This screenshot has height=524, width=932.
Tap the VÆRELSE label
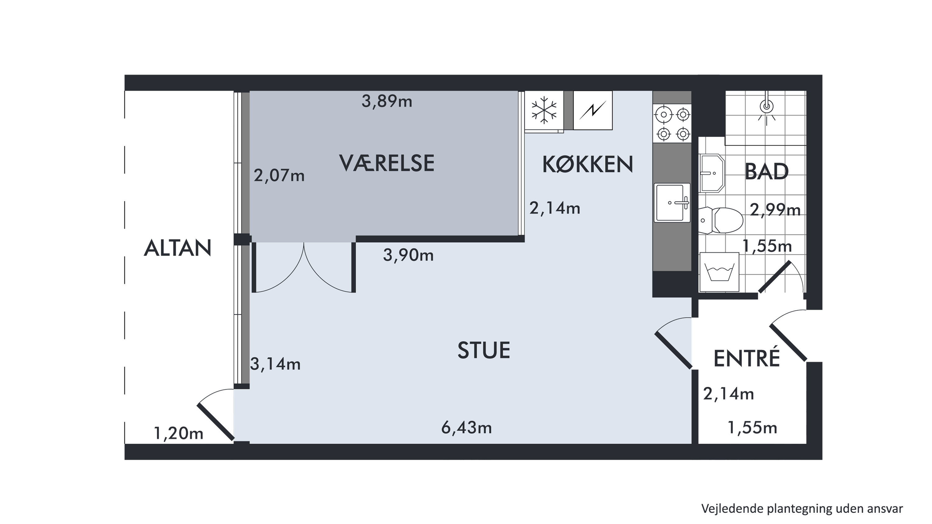point(387,163)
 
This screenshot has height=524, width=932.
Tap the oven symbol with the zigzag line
point(593,110)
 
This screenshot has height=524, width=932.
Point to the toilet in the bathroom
point(720,220)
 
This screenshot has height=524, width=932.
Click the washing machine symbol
point(719,272)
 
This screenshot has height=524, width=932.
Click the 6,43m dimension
point(466,428)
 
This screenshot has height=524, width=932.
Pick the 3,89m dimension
point(387,101)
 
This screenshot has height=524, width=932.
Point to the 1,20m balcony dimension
point(179,433)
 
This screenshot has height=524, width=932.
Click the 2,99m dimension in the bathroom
point(775,210)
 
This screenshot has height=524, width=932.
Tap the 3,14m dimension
point(275,364)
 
